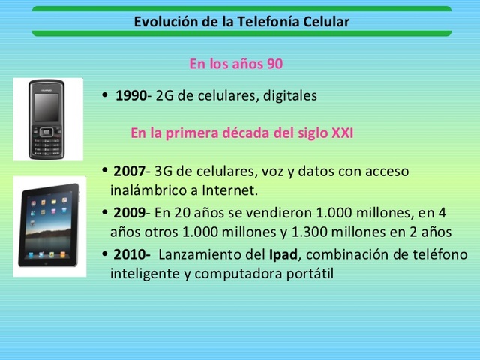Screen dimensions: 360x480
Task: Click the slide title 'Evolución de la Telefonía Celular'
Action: click(x=241, y=21)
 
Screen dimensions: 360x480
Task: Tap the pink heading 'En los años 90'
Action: click(x=235, y=64)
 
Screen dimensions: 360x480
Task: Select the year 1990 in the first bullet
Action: click(x=130, y=96)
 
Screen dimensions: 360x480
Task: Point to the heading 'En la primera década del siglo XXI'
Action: click(x=241, y=133)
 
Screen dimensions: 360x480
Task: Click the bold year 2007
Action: click(x=129, y=172)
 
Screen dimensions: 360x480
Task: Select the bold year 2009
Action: click(x=129, y=213)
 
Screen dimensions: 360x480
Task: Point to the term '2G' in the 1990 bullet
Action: click(x=164, y=96)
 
